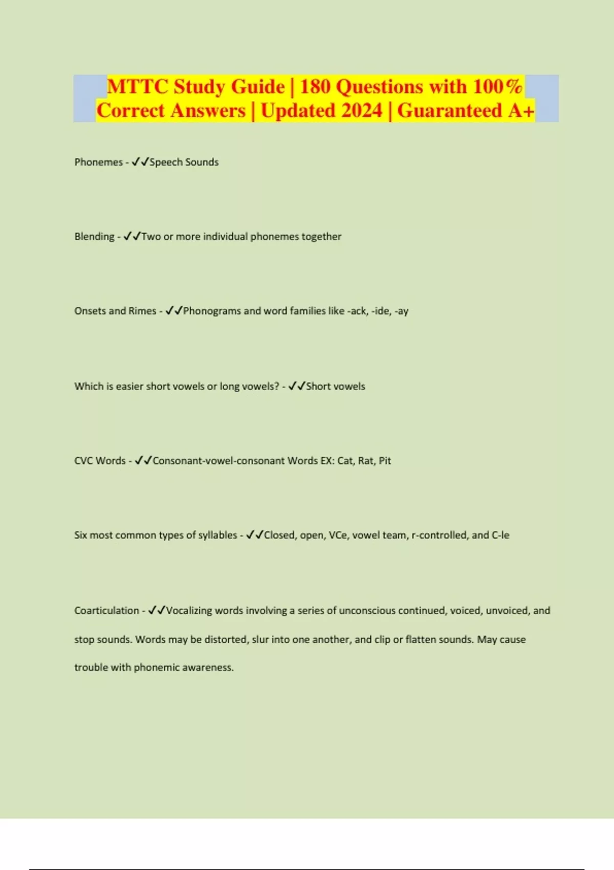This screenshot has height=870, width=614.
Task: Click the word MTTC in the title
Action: [138, 86]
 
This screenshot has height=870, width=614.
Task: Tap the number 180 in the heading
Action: [315, 86]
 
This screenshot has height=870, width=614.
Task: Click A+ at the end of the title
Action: [521, 111]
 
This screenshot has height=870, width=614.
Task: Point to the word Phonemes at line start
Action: [98, 162]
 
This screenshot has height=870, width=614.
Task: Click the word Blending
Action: [94, 236]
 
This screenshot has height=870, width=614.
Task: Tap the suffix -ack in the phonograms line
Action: [358, 311]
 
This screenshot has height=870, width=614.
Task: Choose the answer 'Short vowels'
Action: [336, 386]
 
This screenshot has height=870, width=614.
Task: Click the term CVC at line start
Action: [83, 461]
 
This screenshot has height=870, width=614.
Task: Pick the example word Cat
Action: [345, 461]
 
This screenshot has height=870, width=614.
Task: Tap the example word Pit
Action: [385, 461]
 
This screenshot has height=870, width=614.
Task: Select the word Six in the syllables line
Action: [80, 535]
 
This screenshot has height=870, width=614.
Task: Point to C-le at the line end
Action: [500, 535]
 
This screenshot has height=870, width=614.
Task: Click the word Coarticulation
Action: [106, 611]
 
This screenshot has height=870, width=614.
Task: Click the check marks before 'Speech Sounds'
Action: [140, 162]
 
